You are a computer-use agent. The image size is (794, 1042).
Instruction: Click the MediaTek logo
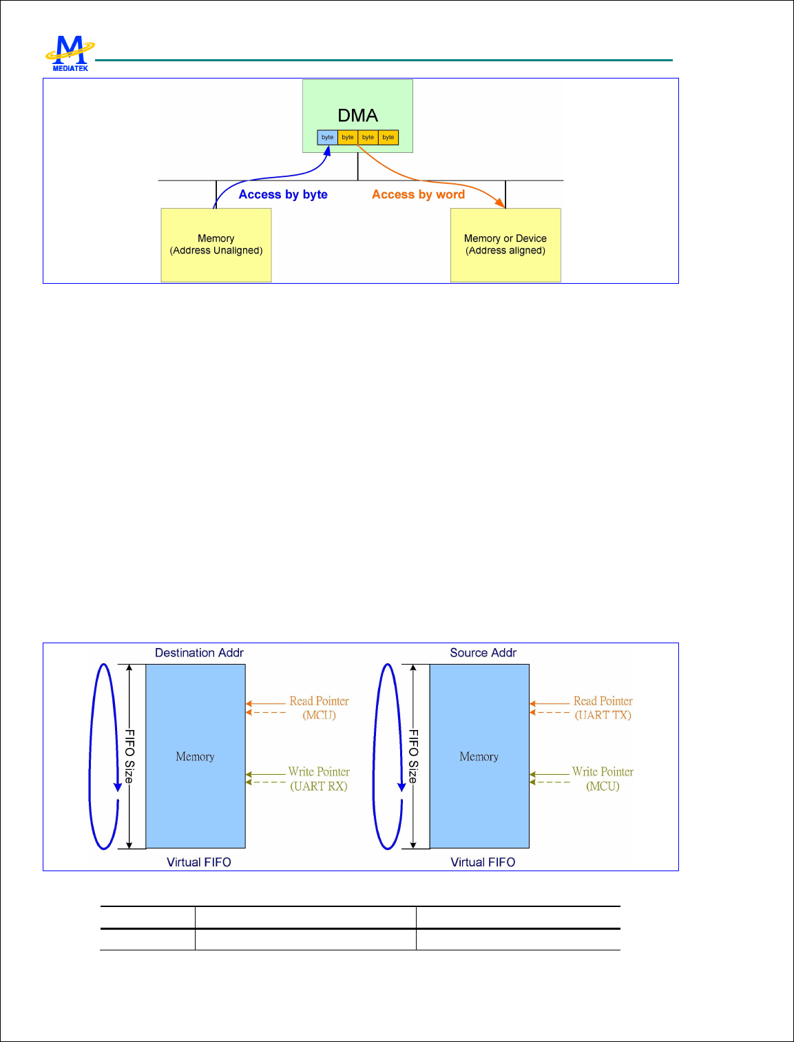click(x=70, y=54)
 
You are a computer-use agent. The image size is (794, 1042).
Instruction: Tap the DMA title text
click(x=357, y=115)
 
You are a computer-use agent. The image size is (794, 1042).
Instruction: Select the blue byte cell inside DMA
click(x=327, y=137)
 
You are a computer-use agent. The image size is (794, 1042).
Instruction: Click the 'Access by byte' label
click(x=283, y=194)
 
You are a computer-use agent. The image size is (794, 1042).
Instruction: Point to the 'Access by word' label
click(x=418, y=194)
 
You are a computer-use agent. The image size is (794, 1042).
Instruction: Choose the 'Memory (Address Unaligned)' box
click(x=216, y=244)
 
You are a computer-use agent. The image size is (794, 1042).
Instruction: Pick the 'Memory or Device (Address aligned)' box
click(x=505, y=244)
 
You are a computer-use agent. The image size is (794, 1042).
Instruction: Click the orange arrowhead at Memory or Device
click(x=501, y=202)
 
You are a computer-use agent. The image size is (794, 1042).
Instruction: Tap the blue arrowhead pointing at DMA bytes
click(x=328, y=150)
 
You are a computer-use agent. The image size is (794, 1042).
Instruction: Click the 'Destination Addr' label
click(x=199, y=653)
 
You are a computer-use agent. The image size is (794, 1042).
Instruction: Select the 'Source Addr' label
click(x=483, y=653)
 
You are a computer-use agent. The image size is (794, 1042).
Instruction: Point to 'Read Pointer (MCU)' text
click(x=319, y=708)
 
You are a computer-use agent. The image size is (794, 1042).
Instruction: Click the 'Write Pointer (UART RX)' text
click(x=319, y=779)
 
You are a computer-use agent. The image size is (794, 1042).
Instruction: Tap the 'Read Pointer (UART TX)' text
click(x=603, y=708)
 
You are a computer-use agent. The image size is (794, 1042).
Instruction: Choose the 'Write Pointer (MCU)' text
click(x=603, y=779)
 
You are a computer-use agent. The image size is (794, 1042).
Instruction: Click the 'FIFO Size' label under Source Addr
click(x=413, y=756)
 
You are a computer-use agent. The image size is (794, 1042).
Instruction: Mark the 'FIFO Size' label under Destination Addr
click(x=129, y=756)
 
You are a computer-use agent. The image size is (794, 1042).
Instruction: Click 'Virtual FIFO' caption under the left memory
click(x=199, y=862)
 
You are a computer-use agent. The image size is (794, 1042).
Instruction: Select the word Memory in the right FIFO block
click(x=479, y=757)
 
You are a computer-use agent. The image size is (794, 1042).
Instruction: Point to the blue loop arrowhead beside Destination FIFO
click(x=118, y=786)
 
